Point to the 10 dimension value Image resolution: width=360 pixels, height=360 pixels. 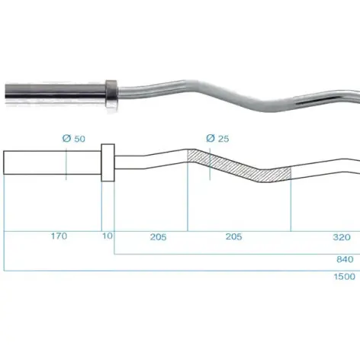(108, 236)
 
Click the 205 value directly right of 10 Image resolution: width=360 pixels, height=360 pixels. (158, 236)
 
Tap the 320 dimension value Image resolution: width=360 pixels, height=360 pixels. (342, 236)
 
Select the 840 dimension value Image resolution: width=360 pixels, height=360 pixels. (345, 259)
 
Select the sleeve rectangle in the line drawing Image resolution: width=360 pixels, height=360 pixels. (52, 163)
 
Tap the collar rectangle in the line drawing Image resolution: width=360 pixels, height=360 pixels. (108, 162)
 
